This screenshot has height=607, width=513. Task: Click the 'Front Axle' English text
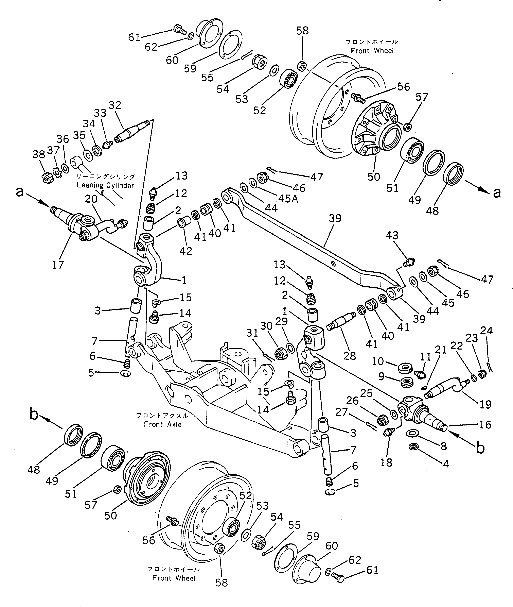point(163,425)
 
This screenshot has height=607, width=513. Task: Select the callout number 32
point(115,105)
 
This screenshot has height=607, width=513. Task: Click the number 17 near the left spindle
point(58,265)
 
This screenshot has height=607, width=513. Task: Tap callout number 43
point(392,235)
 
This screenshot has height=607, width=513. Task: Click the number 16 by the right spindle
point(485,425)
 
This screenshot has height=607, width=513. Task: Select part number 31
point(252,333)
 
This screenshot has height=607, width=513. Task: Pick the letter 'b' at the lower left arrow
point(34,414)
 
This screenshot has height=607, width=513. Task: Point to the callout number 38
point(39,154)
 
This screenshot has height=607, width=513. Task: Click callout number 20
point(91,199)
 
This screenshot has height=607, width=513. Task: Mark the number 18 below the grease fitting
point(386,462)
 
